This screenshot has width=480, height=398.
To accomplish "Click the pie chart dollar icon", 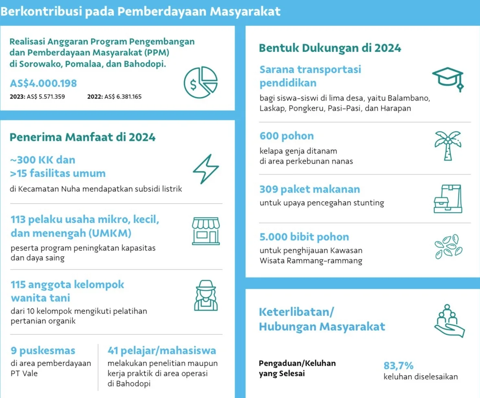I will pos(201,82).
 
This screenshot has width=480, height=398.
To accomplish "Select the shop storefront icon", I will pos(205,231).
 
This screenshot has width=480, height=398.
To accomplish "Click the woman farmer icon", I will pos(206,295).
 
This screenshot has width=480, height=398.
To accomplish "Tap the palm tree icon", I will pos(447,145).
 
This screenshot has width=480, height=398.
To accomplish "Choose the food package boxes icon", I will pos(447,199).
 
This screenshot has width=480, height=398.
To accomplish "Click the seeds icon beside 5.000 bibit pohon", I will pos(449,246).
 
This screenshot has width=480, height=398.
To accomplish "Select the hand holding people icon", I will pos(449,321).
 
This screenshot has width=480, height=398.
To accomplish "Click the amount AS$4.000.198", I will pos(43,84).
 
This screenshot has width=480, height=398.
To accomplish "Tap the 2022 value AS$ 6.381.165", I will pos(123,97).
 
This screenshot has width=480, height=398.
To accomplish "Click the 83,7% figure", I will pos(398,365).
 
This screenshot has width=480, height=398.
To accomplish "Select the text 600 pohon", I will pos(287,136).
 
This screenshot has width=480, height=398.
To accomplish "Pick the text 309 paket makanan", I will pos(309,189).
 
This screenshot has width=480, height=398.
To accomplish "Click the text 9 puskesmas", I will pos(43,350).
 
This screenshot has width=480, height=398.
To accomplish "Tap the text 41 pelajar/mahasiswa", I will pos(162,350).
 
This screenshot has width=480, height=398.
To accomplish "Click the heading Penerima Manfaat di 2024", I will pos(82,137).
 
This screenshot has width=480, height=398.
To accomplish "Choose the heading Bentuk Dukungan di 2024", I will pos(330,48).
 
